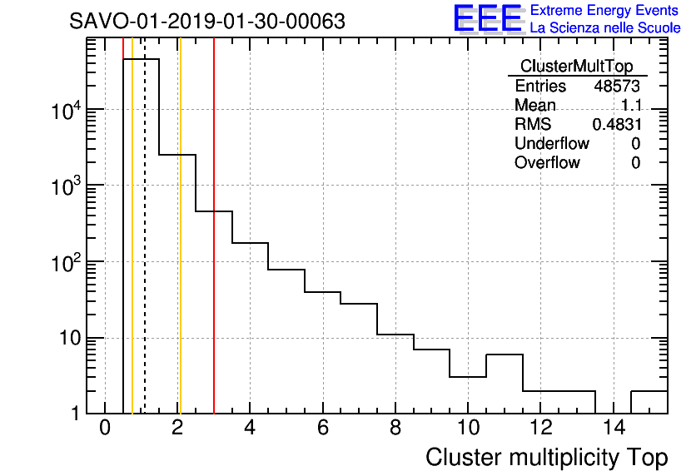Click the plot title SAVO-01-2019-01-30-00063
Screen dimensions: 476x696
207,21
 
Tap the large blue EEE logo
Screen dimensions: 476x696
487,20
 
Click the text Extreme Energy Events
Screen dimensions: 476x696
605,11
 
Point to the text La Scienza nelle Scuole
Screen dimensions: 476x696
605,28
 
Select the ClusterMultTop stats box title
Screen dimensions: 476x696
576,67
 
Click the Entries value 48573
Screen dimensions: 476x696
617,86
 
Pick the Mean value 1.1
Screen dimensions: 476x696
631,105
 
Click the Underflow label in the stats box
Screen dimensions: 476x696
551,143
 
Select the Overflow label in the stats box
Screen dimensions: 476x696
547,162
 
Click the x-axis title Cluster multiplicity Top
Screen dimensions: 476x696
546,457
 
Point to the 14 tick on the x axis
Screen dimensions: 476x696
614,429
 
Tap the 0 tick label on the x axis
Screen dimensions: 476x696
105,429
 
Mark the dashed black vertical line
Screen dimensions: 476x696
145,250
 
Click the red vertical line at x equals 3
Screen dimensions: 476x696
214,250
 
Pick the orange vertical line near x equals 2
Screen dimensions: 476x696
179,250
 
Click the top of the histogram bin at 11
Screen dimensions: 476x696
505,355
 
